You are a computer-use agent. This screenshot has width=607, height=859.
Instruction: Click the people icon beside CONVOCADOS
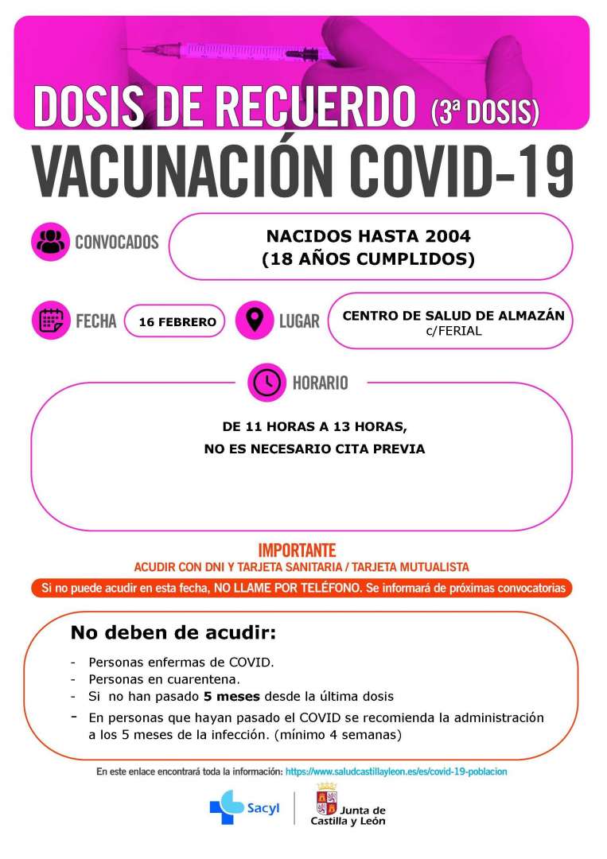[x=52, y=242]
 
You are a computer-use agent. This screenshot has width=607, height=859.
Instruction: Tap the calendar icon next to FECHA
[x=52, y=321]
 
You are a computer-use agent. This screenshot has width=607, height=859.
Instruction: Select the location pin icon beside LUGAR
[x=255, y=321]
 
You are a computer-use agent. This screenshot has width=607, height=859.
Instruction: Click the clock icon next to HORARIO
[x=267, y=383]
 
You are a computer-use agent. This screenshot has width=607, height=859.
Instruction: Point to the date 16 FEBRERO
[x=177, y=322]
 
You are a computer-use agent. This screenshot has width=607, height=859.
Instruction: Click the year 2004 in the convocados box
[x=447, y=236]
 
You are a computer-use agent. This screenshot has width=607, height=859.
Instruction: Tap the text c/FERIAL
[x=453, y=331]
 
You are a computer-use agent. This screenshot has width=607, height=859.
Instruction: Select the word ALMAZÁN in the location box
[x=529, y=316]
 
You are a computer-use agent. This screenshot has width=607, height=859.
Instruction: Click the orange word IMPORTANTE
[x=297, y=550]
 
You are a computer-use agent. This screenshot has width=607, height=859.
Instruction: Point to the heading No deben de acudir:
[x=173, y=634]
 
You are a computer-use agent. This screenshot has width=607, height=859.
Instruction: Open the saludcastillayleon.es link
[x=395, y=772]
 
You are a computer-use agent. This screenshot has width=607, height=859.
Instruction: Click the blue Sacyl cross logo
[x=227, y=807]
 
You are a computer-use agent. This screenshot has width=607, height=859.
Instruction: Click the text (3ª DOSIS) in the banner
[x=484, y=112]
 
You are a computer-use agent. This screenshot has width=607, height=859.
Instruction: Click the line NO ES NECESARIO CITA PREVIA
[x=314, y=449]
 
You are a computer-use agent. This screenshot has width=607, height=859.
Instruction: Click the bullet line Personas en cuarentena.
[x=164, y=679]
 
